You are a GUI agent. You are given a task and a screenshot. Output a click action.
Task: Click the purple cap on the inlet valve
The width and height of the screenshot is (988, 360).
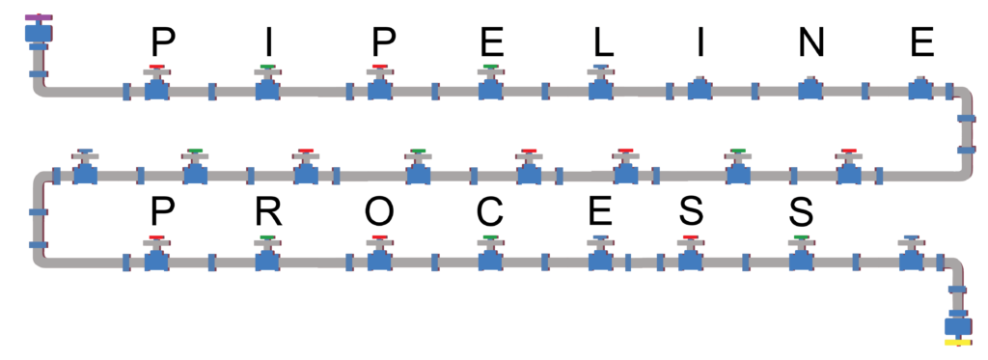click(40, 17)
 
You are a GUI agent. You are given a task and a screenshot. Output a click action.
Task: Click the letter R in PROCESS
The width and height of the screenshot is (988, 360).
click(267, 211)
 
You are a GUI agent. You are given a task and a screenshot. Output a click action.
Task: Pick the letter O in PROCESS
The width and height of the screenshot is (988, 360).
click(380, 211)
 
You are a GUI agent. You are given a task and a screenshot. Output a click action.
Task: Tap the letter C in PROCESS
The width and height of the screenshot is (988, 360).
click(491, 211)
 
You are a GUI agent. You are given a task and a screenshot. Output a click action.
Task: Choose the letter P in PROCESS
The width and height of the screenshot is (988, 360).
click(159, 211)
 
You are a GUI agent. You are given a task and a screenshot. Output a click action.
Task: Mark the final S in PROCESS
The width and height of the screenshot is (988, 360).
click(800, 211)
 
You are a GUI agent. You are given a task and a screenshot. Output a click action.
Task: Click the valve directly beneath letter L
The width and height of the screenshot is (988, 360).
click(600, 88)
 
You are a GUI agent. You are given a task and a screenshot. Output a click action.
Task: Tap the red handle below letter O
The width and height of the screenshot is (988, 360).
click(380, 237)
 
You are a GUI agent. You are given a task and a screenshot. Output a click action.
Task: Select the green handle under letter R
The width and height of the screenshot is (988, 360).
click(267, 237)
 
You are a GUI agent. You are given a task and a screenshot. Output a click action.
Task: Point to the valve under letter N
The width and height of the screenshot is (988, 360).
click(810, 89)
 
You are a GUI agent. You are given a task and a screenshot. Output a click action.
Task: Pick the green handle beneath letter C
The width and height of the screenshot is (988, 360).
click(491, 237)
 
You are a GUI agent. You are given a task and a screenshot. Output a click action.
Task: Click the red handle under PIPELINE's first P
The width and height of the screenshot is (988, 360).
click(156, 68)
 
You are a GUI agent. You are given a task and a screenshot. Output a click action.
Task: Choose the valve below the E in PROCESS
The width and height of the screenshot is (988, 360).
click(600, 258)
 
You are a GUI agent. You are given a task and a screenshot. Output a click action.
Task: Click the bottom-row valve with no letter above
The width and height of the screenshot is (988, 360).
click(909, 258)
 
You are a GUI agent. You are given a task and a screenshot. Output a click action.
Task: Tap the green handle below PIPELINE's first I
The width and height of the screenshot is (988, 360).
click(268, 68)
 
